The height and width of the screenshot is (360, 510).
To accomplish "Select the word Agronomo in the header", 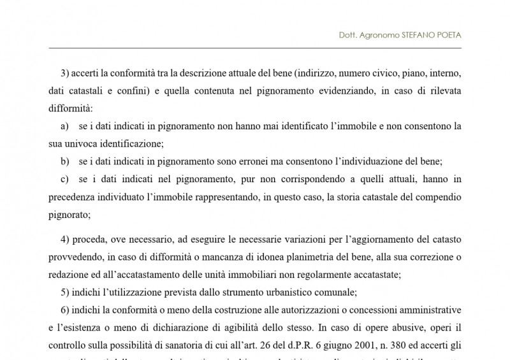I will tap(376, 36).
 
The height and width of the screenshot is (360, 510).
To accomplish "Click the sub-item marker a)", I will tap(64, 126).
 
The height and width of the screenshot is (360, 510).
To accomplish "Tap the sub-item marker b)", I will tap(64, 161).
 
